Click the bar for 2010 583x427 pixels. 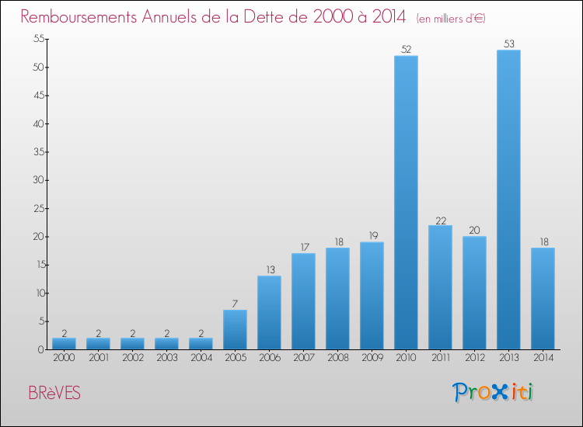tap(406, 202)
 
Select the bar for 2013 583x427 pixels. tap(508, 200)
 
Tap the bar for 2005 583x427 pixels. tap(235, 329)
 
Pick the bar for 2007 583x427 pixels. tap(303, 301)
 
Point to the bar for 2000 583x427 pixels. tap(64, 343)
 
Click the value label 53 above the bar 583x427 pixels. tap(508, 44)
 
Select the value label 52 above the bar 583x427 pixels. tap(406, 50)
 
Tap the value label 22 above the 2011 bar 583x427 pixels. tap(440, 220)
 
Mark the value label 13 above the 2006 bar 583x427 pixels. tap(269, 270)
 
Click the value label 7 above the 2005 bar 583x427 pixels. tap(235, 304)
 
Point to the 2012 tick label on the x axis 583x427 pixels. tap(474, 358)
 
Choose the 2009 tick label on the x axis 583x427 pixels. tap(372, 358)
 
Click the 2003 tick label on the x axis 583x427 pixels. tap(166, 358)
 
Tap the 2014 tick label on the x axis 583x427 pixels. tap(543, 358)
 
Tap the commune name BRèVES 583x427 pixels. tap(54, 394)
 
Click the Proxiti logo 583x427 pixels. tap(493, 392)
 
